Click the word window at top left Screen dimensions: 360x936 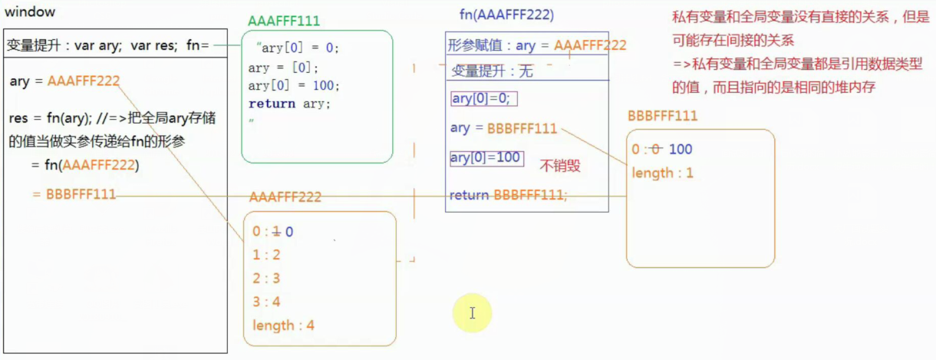(30, 13)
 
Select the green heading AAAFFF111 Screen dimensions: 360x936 (284, 21)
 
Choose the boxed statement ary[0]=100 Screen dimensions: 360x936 (486, 157)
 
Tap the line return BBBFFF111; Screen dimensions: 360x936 (508, 195)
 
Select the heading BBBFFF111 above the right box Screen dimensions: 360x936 (662, 116)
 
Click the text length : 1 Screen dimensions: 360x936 (662, 173)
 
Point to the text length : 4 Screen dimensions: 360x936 (283, 325)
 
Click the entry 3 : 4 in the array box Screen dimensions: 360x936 (266, 302)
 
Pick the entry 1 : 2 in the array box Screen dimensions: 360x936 (266, 255)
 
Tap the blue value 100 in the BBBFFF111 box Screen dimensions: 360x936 (681, 150)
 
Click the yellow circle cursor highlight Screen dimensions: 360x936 (471, 312)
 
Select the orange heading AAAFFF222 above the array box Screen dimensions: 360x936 (285, 197)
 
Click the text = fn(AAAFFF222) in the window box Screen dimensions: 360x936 (84, 165)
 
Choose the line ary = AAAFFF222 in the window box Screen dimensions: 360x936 (64, 81)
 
